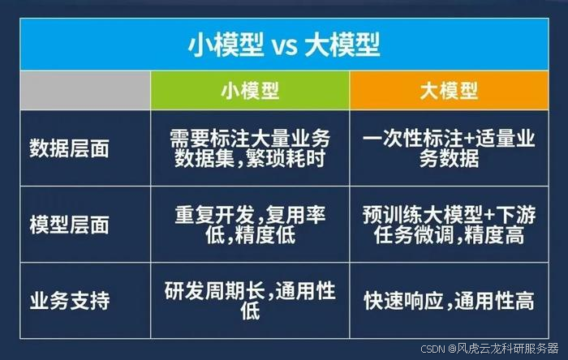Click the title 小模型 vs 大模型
pyautogui.click(x=284, y=45)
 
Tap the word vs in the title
pyautogui.click(x=284, y=47)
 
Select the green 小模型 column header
pyautogui.click(x=250, y=91)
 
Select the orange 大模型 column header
pyautogui.click(x=450, y=91)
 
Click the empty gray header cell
pyautogui.click(x=85, y=91)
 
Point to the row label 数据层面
pyautogui.click(x=69, y=148)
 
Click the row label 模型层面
pyautogui.click(x=69, y=225)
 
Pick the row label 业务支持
pyautogui.click(x=69, y=300)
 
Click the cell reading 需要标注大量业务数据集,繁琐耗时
pyautogui.click(x=250, y=148)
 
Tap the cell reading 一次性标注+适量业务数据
pyautogui.click(x=450, y=148)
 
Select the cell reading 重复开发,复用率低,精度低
pyautogui.click(x=250, y=225)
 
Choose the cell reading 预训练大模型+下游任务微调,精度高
pyautogui.click(x=450, y=225)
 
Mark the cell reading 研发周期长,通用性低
pyautogui.click(x=250, y=300)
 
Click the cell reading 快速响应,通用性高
pyautogui.click(x=450, y=301)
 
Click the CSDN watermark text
pyautogui.click(x=489, y=349)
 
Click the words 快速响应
pyautogui.click(x=403, y=301)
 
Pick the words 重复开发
pyautogui.click(x=214, y=215)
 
